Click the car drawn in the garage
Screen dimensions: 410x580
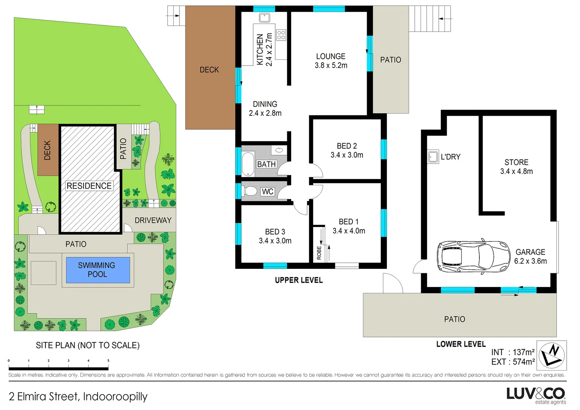(x=473, y=257)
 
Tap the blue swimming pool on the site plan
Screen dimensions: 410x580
(x=98, y=270)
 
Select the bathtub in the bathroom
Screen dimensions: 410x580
(x=248, y=164)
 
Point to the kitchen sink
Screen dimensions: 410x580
(x=265, y=17)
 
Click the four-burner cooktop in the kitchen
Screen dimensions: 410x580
(x=281, y=35)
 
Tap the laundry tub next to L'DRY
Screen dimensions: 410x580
(x=433, y=156)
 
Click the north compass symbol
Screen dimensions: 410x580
(x=552, y=355)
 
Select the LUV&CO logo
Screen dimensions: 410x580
(x=536, y=395)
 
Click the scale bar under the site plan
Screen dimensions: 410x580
(x=58, y=368)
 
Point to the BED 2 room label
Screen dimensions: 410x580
(x=347, y=146)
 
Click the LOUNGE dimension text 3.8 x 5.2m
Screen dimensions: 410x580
(x=331, y=65)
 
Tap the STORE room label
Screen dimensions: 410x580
(x=516, y=162)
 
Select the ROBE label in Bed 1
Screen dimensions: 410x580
(x=319, y=253)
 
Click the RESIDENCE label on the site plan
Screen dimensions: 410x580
(x=89, y=186)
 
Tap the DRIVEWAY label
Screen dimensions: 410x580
(x=153, y=220)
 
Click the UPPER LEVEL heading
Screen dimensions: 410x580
(x=299, y=280)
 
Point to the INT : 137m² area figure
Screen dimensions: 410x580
(x=513, y=352)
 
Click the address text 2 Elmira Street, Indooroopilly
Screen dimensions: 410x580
(x=78, y=396)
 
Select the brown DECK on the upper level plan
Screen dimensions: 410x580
(x=210, y=68)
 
